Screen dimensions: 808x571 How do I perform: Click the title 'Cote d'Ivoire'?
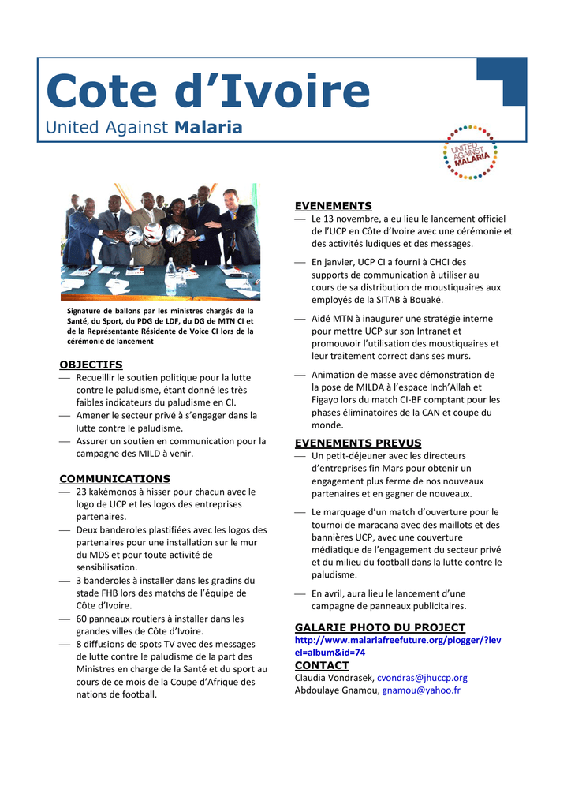click(207, 92)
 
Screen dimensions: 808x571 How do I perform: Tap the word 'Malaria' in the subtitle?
click(208, 127)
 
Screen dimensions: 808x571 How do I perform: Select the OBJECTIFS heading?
click(91, 365)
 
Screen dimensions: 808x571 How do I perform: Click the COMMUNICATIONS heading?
click(115, 478)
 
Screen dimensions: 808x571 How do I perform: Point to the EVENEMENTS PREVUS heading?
click(358, 443)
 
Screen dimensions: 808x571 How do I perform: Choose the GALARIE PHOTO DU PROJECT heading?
click(380, 627)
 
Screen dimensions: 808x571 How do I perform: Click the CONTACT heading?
click(322, 665)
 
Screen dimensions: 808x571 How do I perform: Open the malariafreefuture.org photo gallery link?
click(397, 646)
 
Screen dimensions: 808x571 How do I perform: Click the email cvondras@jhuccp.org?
click(422, 678)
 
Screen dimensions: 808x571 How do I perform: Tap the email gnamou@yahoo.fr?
click(421, 690)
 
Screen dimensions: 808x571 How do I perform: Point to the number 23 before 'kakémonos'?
click(82, 492)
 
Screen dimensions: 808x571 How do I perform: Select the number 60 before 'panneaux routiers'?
click(82, 619)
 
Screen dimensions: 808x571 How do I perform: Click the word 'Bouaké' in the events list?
click(427, 300)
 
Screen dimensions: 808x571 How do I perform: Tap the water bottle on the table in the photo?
click(170, 275)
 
